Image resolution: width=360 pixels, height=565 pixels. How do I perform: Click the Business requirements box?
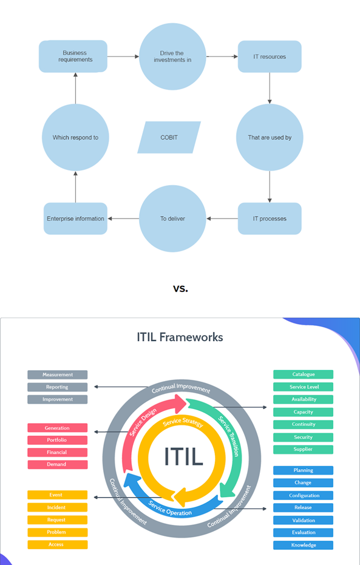coord(73,56)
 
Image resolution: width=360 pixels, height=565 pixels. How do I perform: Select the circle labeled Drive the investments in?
coord(172,56)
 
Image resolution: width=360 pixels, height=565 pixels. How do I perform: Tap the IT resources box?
coord(270,56)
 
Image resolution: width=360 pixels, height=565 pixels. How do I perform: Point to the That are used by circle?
coord(270,137)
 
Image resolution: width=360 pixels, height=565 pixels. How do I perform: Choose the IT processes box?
coord(270,218)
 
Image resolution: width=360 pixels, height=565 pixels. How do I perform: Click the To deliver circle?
coord(172,218)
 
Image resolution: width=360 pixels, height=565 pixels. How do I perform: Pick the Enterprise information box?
coord(75,218)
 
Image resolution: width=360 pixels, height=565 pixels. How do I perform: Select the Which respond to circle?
coord(75,137)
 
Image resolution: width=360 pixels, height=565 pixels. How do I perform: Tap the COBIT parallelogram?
coord(169,137)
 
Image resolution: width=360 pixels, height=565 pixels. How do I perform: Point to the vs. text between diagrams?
coord(180,288)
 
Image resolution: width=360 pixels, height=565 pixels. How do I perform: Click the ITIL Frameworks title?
coord(180,337)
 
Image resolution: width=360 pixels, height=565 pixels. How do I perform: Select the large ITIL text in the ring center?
coord(183,456)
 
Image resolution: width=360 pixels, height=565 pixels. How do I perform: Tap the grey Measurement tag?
coord(58,374)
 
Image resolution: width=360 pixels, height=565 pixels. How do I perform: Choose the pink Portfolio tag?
coord(58,440)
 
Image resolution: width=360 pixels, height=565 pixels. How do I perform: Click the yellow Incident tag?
coord(58,507)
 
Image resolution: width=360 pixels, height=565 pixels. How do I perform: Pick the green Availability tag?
coord(303,399)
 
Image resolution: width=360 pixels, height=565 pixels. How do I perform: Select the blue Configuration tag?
coord(303,495)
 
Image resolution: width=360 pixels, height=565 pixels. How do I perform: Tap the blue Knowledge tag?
coord(303,545)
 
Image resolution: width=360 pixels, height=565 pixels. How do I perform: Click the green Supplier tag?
coord(303,449)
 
